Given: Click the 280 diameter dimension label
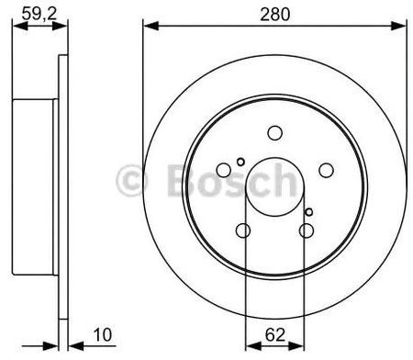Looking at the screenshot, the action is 274,15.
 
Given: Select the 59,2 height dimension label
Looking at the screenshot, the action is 39,14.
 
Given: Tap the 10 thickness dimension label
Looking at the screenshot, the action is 103,334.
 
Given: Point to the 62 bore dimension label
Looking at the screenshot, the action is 275,334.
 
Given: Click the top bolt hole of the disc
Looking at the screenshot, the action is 274,133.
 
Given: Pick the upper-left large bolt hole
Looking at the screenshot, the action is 224,170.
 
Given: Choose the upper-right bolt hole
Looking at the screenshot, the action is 326,170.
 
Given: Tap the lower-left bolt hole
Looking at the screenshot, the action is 243,231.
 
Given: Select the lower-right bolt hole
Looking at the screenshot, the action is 307,231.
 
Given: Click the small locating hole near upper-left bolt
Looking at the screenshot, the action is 240,162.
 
